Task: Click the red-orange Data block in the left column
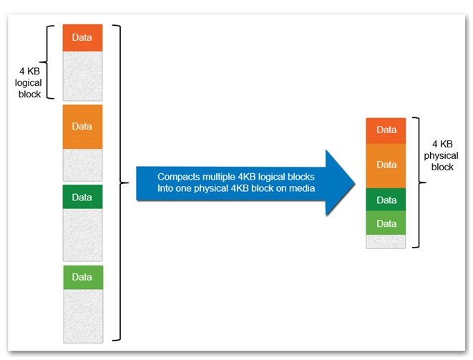pos(83,38)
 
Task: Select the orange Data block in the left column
pos(83,127)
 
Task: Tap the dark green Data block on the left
pos(83,197)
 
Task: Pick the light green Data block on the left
pos(83,277)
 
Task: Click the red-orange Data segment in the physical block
pos(386,131)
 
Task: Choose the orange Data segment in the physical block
pos(386,165)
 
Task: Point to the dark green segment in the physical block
pos(386,200)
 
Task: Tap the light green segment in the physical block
pos(386,223)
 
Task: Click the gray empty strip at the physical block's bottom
pos(386,241)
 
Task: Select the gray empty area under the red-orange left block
pos(83,76)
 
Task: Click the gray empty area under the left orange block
pos(83,165)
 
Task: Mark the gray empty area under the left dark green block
pos(83,235)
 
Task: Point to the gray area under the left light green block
pos(83,316)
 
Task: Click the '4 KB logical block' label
pos(29,83)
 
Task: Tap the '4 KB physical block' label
pos(441,155)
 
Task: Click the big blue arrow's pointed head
pos(355,183)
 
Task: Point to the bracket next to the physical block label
pos(419,183)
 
